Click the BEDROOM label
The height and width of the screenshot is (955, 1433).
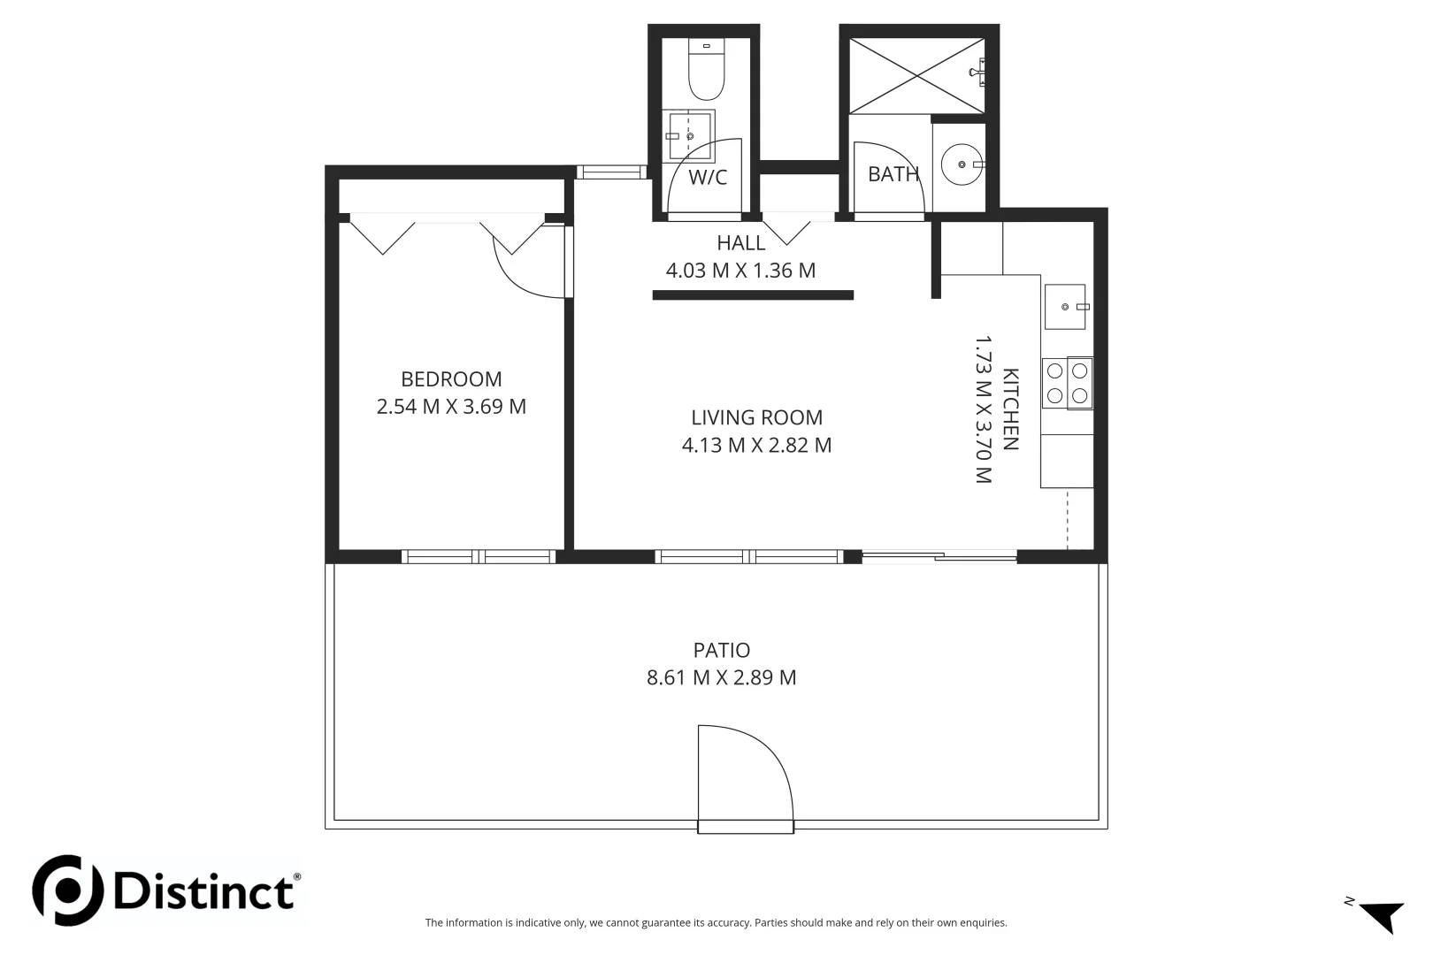coord(451,379)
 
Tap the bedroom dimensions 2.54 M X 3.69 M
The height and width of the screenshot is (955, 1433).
coord(451,407)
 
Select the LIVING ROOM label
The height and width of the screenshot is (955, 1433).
coord(756,417)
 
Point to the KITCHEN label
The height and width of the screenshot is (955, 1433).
coord(1010,409)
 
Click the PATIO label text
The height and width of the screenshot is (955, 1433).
coord(722,651)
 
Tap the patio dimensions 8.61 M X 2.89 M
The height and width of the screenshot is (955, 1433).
coord(722,678)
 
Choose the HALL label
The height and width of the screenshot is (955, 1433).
coord(740,243)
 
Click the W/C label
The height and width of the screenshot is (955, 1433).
coord(708,178)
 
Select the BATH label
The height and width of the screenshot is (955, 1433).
coord(893,174)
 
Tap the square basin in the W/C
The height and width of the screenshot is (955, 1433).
coord(690,135)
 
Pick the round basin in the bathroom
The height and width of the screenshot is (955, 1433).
coord(961,164)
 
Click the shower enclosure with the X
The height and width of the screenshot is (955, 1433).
coord(916,75)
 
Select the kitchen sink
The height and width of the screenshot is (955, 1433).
coord(1065,307)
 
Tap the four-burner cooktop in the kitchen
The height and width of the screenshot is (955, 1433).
coord(1067,383)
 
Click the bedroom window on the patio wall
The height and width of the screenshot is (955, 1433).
coord(479,556)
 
